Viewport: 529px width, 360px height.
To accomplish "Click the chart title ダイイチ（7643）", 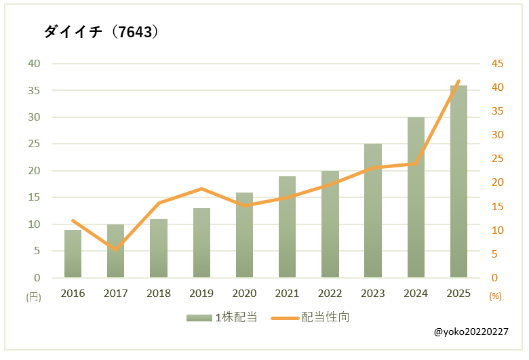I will click(102, 32).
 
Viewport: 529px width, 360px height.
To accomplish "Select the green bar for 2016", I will click(73, 254).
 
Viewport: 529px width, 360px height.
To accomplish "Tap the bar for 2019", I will click(201, 243).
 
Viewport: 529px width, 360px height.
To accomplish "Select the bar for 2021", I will click(287, 227).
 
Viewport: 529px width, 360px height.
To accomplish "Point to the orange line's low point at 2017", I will click(115, 249).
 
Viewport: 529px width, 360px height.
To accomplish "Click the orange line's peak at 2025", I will click(458, 81).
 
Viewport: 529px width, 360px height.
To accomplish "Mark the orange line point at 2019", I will click(201, 188).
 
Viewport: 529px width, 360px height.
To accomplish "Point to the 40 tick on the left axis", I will click(34, 64).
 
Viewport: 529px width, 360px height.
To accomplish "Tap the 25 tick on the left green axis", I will click(34, 144).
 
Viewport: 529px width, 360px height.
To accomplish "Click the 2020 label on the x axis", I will click(244, 294).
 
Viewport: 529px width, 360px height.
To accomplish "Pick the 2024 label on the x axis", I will click(416, 294).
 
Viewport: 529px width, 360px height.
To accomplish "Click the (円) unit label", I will click(33, 296).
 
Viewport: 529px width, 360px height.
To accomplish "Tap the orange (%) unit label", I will click(496, 296).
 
